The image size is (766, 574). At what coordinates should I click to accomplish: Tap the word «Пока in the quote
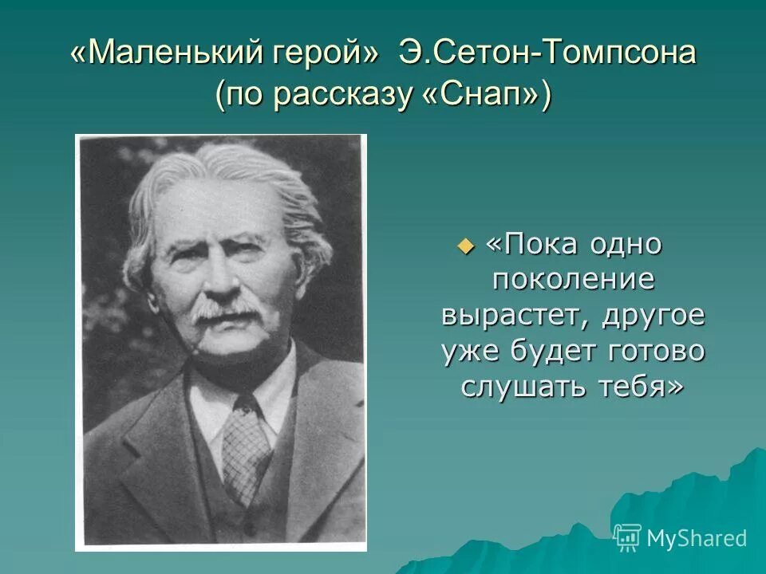[531, 244]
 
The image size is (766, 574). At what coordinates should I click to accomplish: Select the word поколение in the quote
[574, 280]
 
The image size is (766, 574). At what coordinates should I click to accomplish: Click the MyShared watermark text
[697, 538]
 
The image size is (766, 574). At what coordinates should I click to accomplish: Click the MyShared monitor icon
[628, 538]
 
